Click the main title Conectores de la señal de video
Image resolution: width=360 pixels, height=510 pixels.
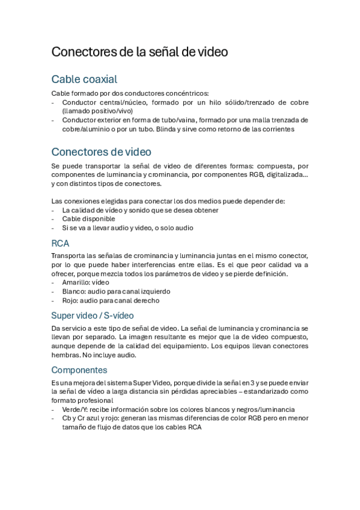139,52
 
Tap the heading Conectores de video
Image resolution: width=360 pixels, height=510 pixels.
101,151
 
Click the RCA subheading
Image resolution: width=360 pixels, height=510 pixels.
60,244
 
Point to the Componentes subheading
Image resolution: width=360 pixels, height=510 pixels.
79,370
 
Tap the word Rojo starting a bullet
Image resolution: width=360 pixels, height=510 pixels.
70,300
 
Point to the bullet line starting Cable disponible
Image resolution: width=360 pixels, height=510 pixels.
88,219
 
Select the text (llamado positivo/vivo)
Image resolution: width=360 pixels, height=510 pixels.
97,111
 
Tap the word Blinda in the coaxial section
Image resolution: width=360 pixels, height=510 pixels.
173,129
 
